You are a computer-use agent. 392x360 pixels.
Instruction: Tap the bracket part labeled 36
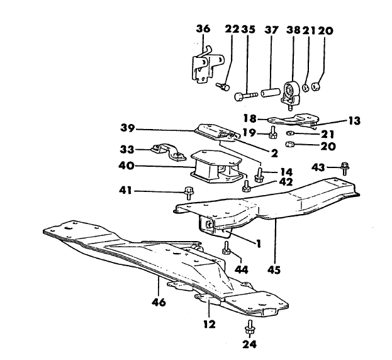204,66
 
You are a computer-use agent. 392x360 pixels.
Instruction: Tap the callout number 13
337,122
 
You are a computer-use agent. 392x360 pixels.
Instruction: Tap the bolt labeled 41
188,192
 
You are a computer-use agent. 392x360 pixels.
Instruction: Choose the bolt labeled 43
344,167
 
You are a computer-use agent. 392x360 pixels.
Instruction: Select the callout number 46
159,302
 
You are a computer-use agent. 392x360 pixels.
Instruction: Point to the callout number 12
210,325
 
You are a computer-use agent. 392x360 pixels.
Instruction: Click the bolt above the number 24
250,329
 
